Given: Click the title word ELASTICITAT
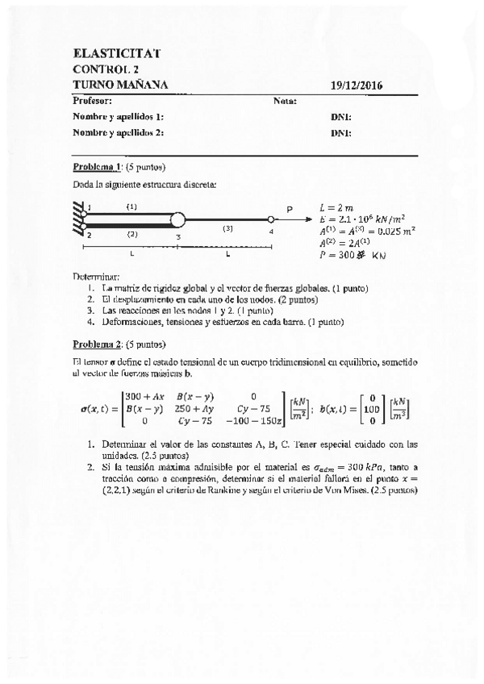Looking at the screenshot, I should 116,53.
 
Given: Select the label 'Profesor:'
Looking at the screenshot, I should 92,101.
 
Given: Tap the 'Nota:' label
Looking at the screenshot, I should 286,101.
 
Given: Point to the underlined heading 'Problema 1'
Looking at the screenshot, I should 97,168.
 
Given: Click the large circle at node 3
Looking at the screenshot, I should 178,219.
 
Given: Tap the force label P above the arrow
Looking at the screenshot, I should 290,209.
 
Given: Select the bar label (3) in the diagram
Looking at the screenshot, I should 228,229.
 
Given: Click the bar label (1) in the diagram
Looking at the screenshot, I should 131,206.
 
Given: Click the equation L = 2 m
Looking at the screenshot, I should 336,206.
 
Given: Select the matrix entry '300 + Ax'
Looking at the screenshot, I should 143,395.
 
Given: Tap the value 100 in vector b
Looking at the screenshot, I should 373,408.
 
